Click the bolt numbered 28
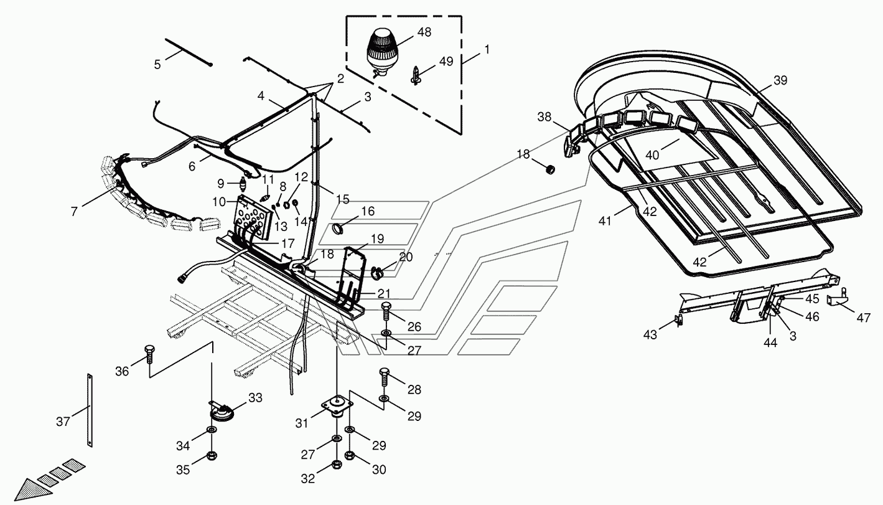(x=384, y=376)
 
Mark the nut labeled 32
(x=337, y=464)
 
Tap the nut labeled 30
(x=350, y=456)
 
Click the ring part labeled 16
(x=342, y=229)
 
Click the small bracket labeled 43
(x=680, y=321)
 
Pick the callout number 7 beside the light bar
(x=74, y=211)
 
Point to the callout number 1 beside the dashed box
(x=487, y=49)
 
